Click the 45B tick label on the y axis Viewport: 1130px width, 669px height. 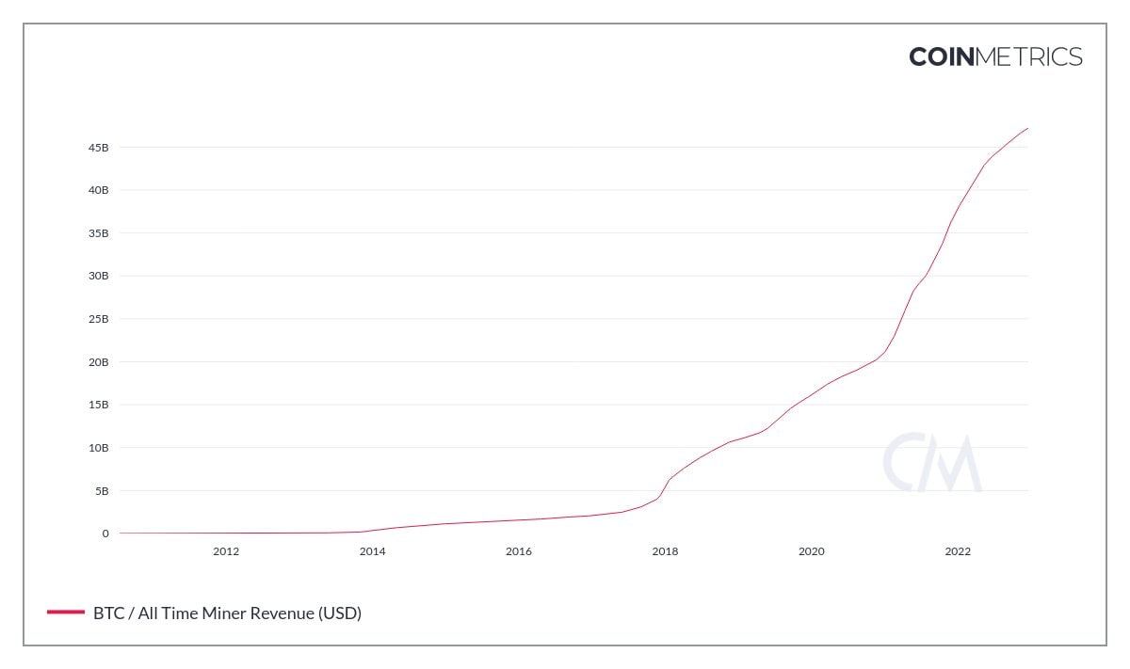99,148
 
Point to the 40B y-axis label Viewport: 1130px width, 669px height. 99,190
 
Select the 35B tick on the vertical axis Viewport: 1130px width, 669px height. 99,233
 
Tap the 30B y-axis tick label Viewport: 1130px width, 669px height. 99,277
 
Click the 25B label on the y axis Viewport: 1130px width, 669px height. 99,319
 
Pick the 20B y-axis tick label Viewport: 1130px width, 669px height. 99,362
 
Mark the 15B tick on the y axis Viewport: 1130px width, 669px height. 99,405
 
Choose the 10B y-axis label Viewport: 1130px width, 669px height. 99,448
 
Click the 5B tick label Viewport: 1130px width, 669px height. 102,491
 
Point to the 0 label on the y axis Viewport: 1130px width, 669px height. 105,534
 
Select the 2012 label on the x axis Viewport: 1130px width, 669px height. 226,551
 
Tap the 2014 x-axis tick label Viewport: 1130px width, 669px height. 372,551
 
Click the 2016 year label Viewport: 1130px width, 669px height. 519,551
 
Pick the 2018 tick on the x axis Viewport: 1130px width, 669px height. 665,551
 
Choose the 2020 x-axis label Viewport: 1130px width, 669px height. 811,551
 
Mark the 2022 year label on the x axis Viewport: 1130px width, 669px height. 958,551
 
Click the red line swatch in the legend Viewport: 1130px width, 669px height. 65,613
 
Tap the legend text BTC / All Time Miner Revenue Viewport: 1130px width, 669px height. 227,613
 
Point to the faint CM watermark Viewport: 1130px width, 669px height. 931,463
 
